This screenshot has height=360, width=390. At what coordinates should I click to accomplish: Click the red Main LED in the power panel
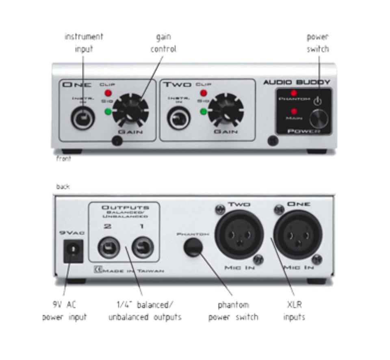click(293, 111)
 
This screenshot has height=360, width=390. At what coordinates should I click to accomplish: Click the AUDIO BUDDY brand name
click(297, 82)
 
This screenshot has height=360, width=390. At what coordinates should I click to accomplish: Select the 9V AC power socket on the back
click(73, 250)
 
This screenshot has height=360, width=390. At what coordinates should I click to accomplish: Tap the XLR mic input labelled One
click(297, 235)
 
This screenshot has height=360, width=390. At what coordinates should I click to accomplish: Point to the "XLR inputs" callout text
click(293, 310)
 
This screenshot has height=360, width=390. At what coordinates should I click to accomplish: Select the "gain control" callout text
click(163, 43)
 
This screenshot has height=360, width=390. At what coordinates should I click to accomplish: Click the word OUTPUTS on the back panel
click(125, 207)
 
